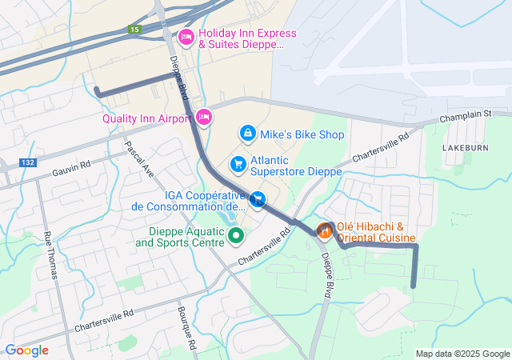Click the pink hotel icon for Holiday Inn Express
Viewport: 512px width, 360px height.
click(186, 36)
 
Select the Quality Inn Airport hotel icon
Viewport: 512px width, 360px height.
click(204, 118)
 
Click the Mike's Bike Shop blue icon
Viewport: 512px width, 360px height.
click(248, 133)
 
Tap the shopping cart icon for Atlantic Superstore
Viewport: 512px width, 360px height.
click(238, 164)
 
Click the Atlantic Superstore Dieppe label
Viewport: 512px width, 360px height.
click(296, 165)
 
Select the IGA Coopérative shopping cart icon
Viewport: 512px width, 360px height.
click(257, 199)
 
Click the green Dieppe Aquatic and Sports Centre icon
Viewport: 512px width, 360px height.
click(236, 235)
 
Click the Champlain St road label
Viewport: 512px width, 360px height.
click(465, 114)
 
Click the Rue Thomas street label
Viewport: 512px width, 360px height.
click(51, 254)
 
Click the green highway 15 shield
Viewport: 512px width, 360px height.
click(133, 30)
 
